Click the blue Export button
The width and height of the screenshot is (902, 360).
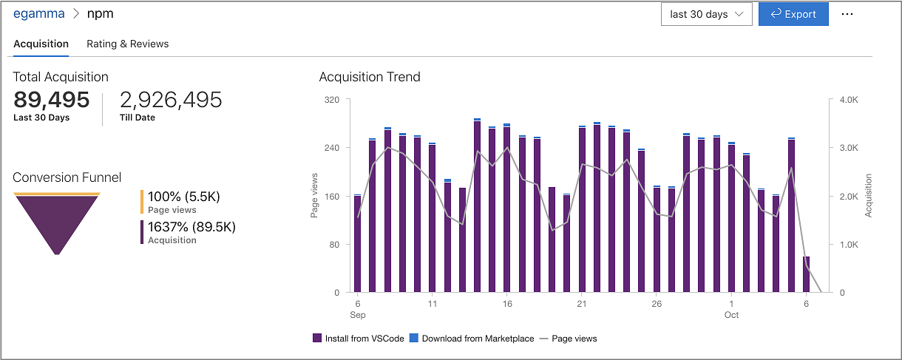pyautogui.click(x=793, y=14)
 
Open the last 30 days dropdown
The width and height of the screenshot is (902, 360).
pyautogui.click(x=706, y=14)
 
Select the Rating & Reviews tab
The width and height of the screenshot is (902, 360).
pyautogui.click(x=127, y=44)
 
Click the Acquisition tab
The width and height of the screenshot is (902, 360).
pyautogui.click(x=41, y=44)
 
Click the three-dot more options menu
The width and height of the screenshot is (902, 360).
pyautogui.click(x=847, y=14)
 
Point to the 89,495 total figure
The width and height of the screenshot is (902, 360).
pyautogui.click(x=52, y=100)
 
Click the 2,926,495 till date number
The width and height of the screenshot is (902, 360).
pyautogui.click(x=171, y=100)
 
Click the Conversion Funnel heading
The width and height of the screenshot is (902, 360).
pyautogui.click(x=67, y=177)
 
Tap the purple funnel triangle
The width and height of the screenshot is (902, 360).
pyautogui.click(x=57, y=218)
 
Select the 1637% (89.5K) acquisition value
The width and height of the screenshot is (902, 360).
pyautogui.click(x=191, y=227)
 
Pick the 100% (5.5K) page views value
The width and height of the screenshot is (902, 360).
pyautogui.click(x=184, y=197)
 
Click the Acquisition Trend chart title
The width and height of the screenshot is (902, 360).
pyautogui.click(x=370, y=77)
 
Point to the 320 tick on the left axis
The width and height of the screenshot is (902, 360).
pyautogui.click(x=331, y=99)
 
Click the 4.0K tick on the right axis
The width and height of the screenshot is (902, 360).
pyautogui.click(x=847, y=99)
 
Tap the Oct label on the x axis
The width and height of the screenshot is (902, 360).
pyautogui.click(x=731, y=315)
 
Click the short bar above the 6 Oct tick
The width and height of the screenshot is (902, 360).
pyautogui.click(x=806, y=274)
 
